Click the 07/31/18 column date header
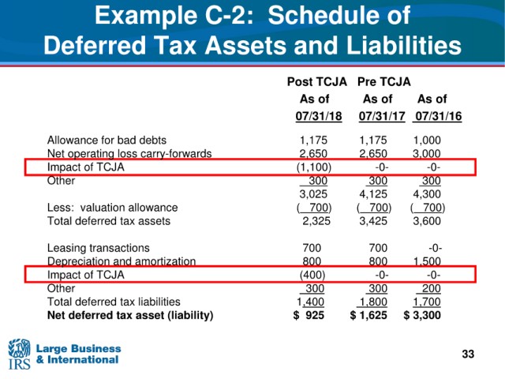[x=319, y=116]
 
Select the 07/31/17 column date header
[x=382, y=116]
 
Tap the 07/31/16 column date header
[x=439, y=116]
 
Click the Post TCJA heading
[x=317, y=82]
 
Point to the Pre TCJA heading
[x=384, y=82]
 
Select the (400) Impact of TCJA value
[x=312, y=275]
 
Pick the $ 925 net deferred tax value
[x=309, y=315]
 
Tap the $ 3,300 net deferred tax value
[x=422, y=315]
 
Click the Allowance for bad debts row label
[x=107, y=141]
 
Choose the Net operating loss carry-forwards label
[x=129, y=154]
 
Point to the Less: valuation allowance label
[x=112, y=208]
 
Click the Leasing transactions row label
[x=98, y=248]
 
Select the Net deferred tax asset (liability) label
[x=130, y=315]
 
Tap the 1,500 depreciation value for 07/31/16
[x=427, y=261]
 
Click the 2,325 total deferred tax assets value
[x=316, y=221]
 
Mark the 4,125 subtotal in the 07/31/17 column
[x=373, y=194]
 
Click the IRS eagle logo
[x=19, y=354]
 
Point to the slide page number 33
[x=468, y=354]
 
